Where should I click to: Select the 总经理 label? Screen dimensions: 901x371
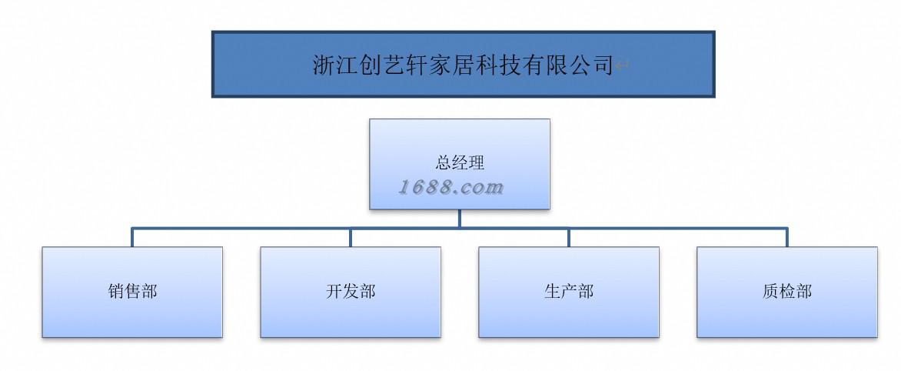pyautogui.click(x=460, y=162)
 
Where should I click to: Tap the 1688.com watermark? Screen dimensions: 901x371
pyautogui.click(x=451, y=187)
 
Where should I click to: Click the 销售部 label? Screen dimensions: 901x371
pyautogui.click(x=132, y=292)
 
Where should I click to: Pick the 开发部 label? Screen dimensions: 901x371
pyautogui.click(x=351, y=292)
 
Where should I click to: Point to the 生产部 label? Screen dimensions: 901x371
pyautogui.click(x=569, y=292)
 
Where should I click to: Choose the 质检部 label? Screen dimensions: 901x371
pyautogui.click(x=787, y=292)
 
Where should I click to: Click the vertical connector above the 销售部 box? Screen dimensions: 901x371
pyautogui.click(x=132, y=237)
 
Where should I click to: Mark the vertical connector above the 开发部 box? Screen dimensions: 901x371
pyautogui.click(x=351, y=237)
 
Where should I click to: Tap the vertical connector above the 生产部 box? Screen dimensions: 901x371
pyautogui.click(x=569, y=237)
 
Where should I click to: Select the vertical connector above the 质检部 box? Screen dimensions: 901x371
pyautogui.click(x=787, y=237)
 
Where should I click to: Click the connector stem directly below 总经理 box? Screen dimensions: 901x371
pyautogui.click(x=460, y=219)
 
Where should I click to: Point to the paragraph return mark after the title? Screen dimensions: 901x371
pyautogui.click(x=622, y=67)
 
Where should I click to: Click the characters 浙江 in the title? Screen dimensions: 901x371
pyautogui.click(x=337, y=65)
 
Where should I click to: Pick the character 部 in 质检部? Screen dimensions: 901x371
pyautogui.click(x=804, y=292)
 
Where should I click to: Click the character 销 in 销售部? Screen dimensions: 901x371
pyautogui.click(x=116, y=292)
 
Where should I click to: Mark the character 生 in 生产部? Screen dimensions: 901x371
pyautogui.click(x=552, y=292)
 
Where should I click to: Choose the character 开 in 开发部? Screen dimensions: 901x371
pyautogui.click(x=334, y=292)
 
